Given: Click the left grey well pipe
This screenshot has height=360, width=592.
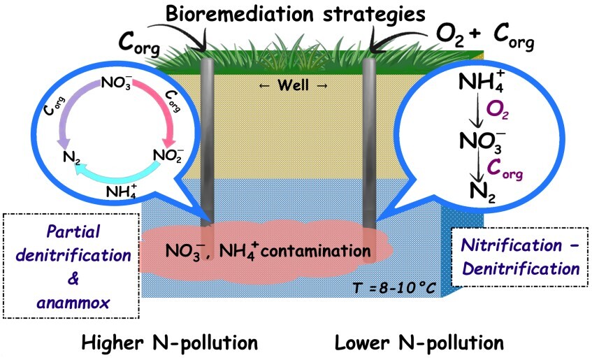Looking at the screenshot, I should pos(208,140).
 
